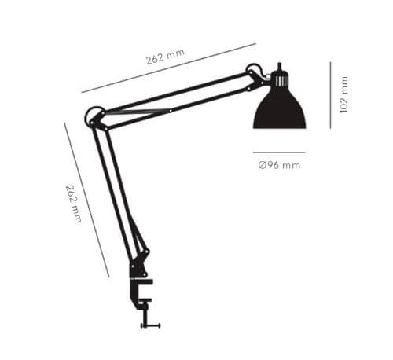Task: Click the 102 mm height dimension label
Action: (344, 94)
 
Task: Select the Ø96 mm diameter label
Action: (279, 165)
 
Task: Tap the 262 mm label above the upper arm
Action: (165, 57)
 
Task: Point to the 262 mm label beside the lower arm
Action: (74, 204)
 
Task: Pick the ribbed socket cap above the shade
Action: (280, 79)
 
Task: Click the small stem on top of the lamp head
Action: (279, 66)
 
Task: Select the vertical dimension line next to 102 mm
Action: (330, 95)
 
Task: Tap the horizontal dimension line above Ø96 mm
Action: (279, 152)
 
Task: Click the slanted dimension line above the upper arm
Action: (168, 68)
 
